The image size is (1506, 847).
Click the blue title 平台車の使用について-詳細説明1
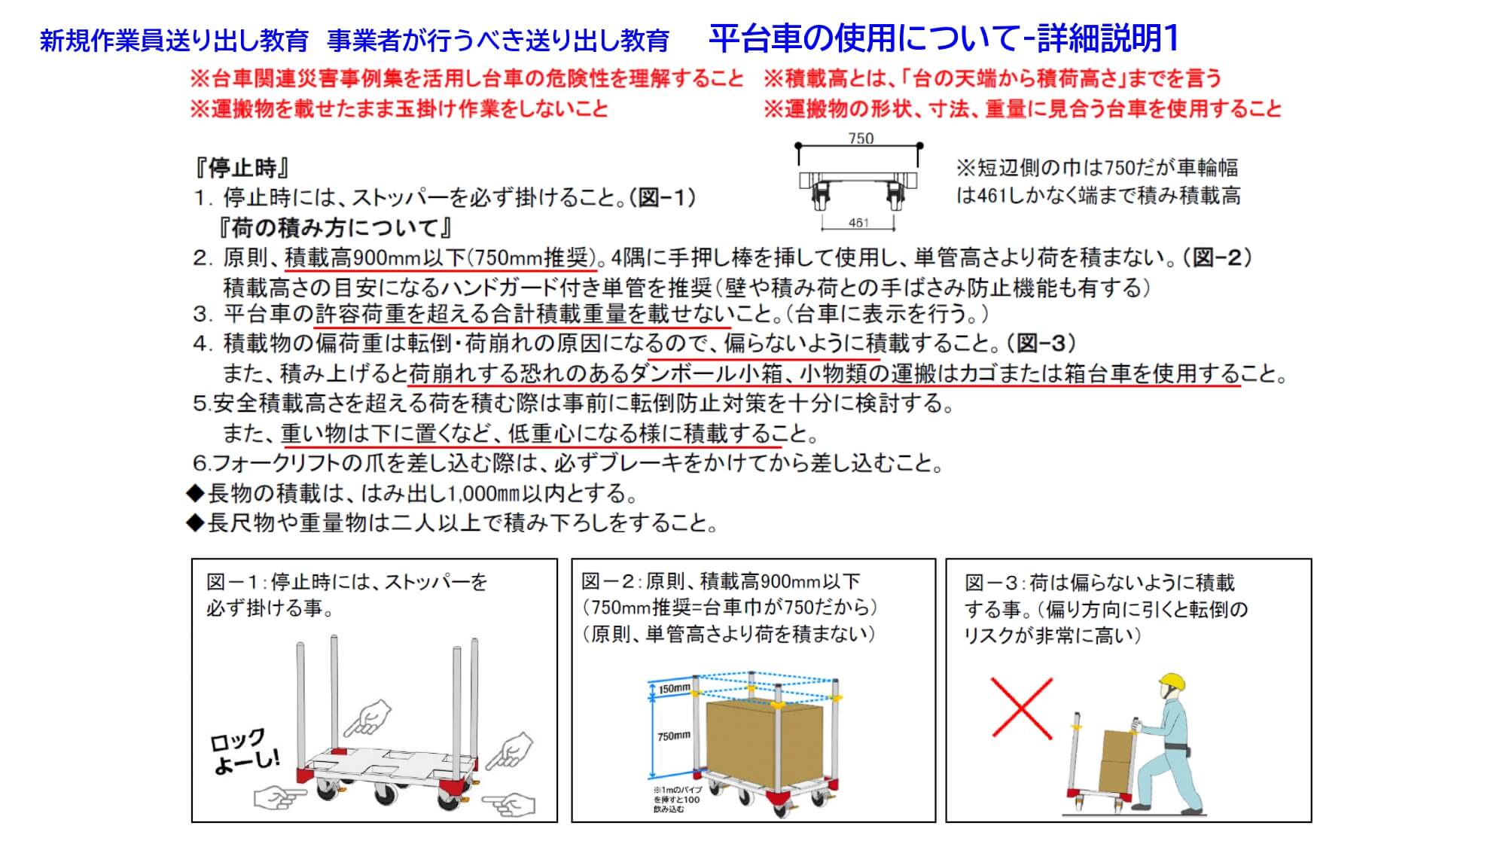point(944,38)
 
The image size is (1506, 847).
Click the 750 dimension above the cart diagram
point(861,139)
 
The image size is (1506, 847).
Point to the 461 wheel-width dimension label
point(858,223)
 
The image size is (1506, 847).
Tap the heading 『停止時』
point(242,167)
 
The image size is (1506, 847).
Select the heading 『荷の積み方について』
point(336,227)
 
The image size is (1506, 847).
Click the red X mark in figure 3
point(1022,707)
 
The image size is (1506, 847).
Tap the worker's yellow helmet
point(1172,684)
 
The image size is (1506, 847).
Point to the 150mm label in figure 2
point(675,689)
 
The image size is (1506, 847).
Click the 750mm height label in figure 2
point(673,736)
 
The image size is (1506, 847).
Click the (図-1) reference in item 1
point(662,198)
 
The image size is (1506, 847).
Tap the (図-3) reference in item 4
point(1041,343)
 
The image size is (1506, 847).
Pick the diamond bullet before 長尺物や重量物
point(196,523)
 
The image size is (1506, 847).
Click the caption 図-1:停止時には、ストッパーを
point(347,582)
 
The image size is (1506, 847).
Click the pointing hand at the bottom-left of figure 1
point(280,797)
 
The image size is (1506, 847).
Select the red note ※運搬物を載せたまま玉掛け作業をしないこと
point(399,109)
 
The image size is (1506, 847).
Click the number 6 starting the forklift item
point(200,464)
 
